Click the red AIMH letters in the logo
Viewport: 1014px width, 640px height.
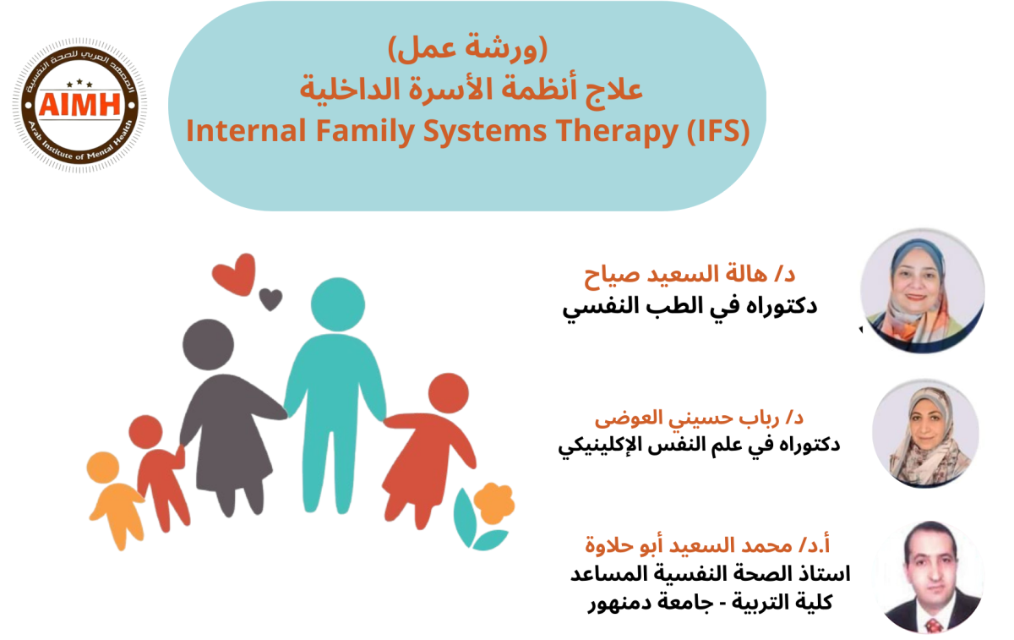[79, 104]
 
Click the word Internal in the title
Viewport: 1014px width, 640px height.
[246, 131]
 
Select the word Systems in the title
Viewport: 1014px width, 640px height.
[485, 132]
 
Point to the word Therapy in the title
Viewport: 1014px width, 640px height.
[617, 132]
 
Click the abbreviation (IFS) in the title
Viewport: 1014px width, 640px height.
[718, 131]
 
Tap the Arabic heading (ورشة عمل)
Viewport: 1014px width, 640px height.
[467, 48]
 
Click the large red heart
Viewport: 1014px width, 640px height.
[234, 274]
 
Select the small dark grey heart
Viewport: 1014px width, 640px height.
[270, 299]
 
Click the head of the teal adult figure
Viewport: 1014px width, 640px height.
[338, 304]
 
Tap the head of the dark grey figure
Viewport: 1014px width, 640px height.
[208, 344]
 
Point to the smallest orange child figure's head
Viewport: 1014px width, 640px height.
[103, 467]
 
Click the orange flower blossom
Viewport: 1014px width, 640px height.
[493, 503]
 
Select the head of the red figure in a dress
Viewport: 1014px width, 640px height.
[449, 393]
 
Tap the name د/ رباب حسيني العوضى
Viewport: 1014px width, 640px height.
[699, 418]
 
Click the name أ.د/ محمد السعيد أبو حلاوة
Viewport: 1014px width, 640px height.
[707, 544]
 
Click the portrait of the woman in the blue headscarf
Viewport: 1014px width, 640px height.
[923, 291]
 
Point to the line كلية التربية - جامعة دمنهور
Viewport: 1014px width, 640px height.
[711, 603]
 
